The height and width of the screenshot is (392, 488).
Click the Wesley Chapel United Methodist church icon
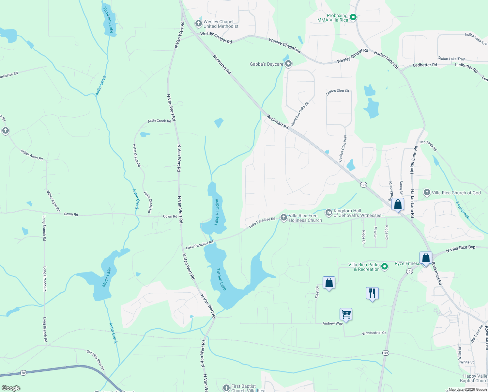tap(198, 24)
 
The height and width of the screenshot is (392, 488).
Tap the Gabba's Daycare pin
tap(288, 64)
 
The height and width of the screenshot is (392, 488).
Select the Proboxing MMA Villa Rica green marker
tap(353, 17)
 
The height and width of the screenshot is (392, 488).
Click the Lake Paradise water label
tap(216, 212)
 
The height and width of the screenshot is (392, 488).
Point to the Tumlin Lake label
tap(221, 279)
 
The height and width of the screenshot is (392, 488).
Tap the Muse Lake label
tap(106, 277)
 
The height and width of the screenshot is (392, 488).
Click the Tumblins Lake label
tap(108, 20)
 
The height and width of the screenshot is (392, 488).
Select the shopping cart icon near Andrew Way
tap(346, 314)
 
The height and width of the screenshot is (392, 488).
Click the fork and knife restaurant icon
tap(372, 293)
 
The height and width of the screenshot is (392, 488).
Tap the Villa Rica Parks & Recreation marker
tap(385, 267)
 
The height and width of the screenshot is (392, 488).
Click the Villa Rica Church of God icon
tap(427, 192)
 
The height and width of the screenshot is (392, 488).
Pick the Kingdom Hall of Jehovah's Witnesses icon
tap(328, 213)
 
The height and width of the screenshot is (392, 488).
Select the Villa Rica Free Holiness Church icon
tap(283, 217)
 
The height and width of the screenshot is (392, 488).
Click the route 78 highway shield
tap(23, 372)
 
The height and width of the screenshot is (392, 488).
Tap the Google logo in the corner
tap(11, 388)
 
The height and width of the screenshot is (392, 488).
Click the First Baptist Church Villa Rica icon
tap(226, 388)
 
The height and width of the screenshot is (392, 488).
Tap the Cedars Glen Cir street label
tap(338, 91)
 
